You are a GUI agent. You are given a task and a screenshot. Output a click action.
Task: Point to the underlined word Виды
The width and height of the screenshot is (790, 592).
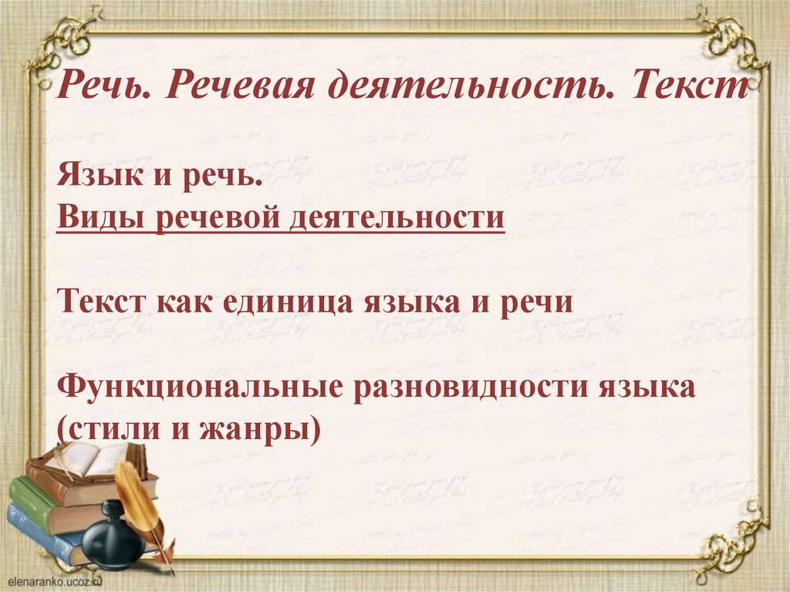coord(99,218)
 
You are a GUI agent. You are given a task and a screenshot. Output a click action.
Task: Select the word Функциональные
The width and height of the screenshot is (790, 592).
coord(201,387)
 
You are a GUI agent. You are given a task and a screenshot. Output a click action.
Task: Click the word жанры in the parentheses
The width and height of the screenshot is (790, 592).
coord(261,430)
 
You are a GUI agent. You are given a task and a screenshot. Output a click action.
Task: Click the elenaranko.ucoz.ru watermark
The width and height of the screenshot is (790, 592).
coord(55,581)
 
